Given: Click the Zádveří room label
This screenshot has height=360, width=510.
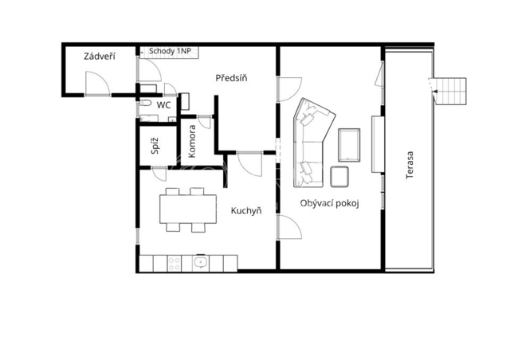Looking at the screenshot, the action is [x=100, y=57].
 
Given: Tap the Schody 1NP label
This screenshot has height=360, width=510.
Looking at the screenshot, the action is [x=170, y=52].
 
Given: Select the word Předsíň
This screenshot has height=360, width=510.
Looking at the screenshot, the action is [x=231, y=78].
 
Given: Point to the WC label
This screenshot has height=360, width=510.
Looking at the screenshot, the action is [x=163, y=105].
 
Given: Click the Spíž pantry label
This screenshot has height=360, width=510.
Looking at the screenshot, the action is [x=155, y=146].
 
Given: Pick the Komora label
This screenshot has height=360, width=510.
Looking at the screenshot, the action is [x=192, y=142].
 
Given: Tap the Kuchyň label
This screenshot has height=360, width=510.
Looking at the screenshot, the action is [x=246, y=210].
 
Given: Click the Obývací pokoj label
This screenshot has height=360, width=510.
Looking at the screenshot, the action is [x=329, y=204].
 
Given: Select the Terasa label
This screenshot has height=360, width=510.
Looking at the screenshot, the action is [x=410, y=165].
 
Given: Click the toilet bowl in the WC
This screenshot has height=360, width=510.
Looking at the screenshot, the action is [x=146, y=104].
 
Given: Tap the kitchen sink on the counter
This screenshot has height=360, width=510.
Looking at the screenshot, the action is [x=200, y=263].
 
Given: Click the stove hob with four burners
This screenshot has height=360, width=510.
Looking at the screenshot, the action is [x=175, y=264].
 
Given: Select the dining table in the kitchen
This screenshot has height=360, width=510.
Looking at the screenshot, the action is [x=188, y=209].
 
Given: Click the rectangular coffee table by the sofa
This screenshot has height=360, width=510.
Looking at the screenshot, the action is [x=349, y=145].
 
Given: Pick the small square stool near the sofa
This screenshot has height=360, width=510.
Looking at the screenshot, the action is [x=339, y=177].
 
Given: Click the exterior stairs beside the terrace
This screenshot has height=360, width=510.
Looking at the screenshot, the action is [x=450, y=91].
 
